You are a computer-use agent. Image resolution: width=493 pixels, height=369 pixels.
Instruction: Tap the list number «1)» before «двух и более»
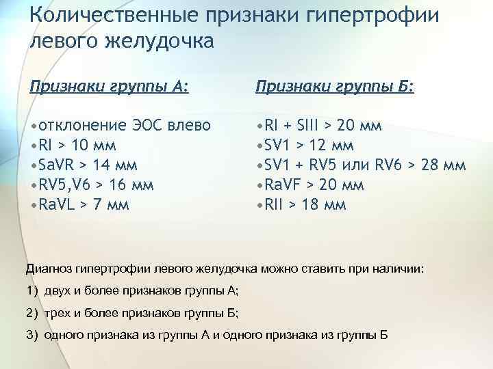pos(34,291)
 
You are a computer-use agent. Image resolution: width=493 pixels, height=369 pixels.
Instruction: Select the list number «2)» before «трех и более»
pos(34,313)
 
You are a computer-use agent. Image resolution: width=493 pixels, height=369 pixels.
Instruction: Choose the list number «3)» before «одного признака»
pos(34,335)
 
